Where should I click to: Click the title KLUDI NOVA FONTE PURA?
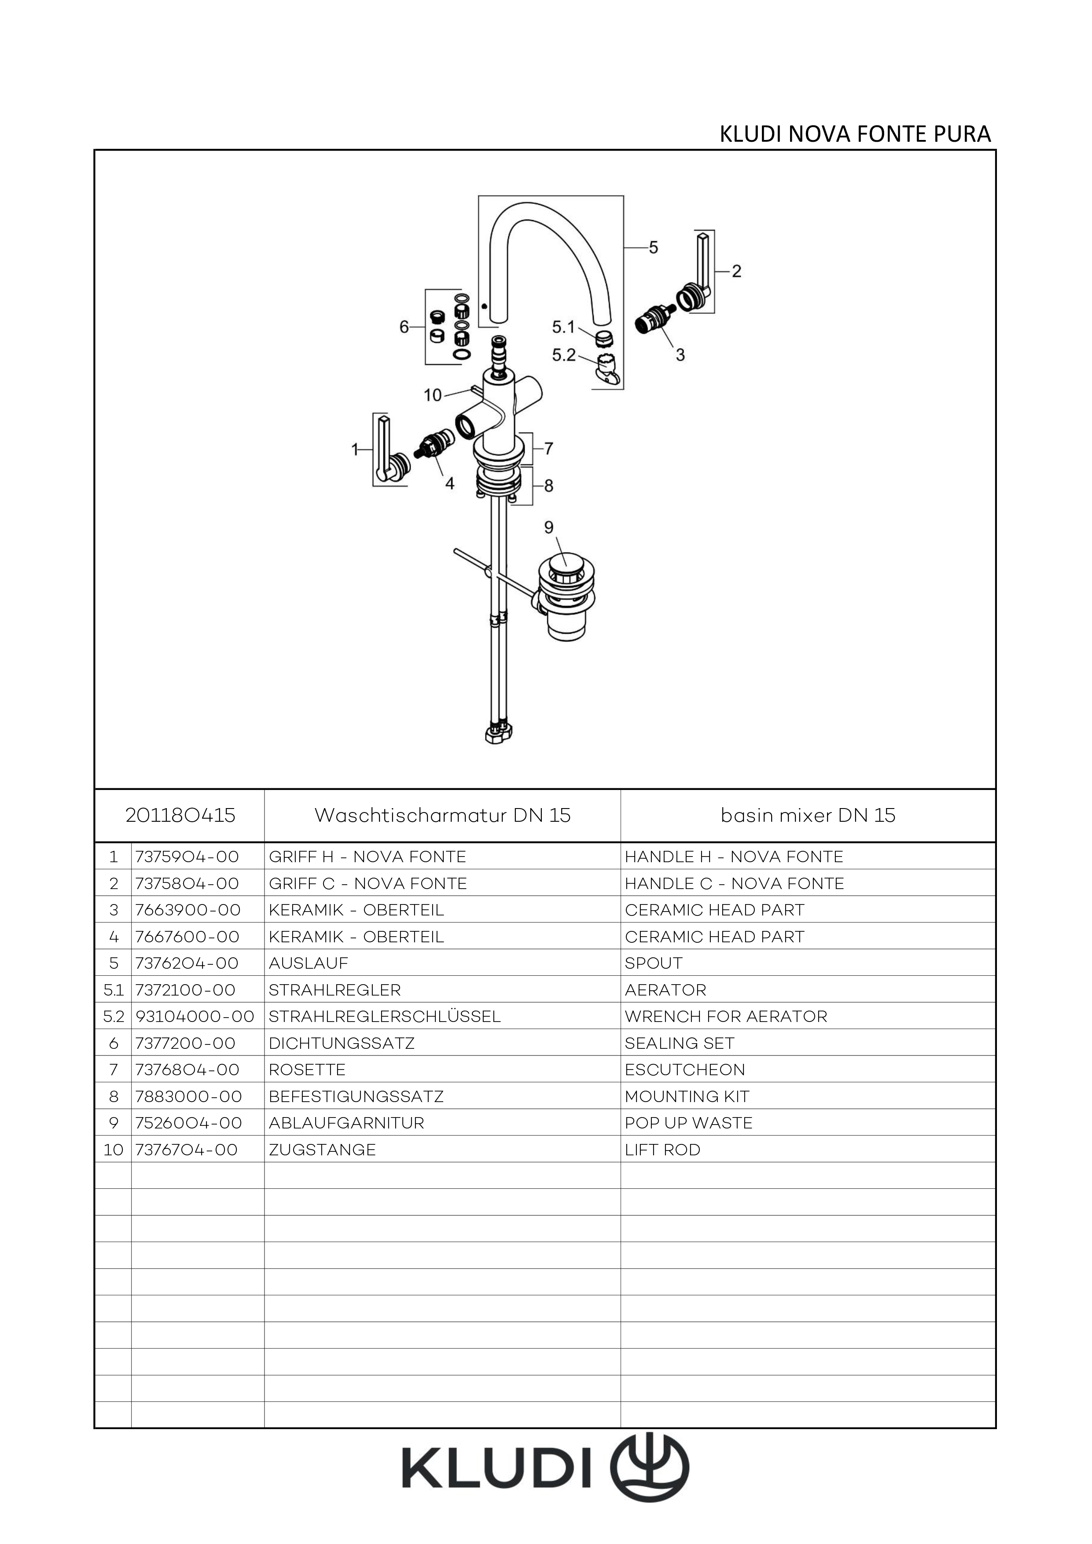pyautogui.click(x=855, y=135)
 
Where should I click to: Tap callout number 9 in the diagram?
pyautogui.click(x=549, y=527)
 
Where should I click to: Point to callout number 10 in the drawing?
pyautogui.click(x=432, y=395)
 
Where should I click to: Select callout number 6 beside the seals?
pyautogui.click(x=404, y=327)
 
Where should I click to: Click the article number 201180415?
pyautogui.click(x=180, y=815)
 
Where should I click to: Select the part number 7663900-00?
pyautogui.click(x=188, y=910)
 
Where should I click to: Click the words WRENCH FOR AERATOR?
pyautogui.click(x=725, y=1016)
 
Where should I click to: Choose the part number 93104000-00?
pyautogui.click(x=195, y=1016)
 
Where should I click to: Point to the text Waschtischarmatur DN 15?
pyautogui.click(x=442, y=815)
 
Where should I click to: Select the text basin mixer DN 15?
pyautogui.click(x=808, y=815)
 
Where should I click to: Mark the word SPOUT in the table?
pyautogui.click(x=653, y=963)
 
